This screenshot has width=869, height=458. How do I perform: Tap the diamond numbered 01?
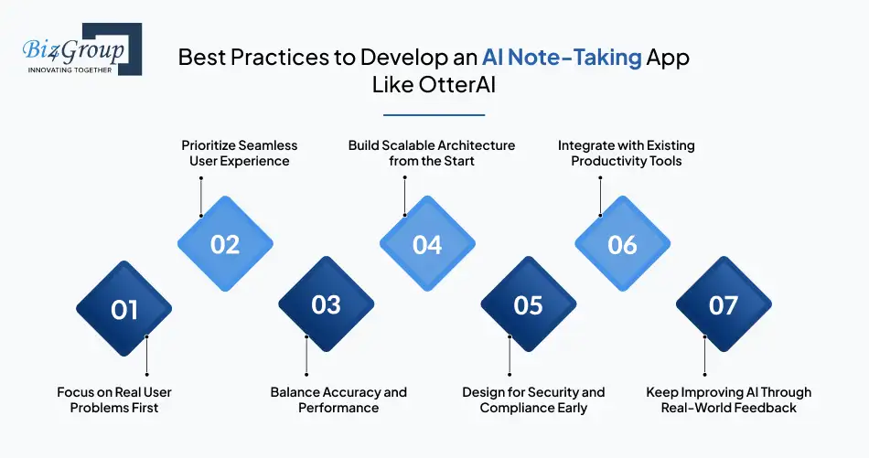124,308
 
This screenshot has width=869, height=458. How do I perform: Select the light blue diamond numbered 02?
225,244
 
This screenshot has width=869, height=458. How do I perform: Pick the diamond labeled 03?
326,304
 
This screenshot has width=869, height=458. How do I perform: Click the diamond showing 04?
427,244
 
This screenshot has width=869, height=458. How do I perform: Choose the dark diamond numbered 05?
528,304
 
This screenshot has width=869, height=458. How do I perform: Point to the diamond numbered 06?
622,244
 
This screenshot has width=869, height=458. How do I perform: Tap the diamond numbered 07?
724,304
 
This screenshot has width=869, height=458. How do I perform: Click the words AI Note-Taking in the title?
562,58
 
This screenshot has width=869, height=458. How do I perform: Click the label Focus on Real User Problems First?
114,399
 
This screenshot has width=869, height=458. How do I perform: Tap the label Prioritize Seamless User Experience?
240,154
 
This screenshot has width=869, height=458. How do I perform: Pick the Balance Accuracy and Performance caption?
338,399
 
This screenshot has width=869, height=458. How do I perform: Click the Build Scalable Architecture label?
432,154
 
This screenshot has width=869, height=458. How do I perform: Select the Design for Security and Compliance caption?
533,399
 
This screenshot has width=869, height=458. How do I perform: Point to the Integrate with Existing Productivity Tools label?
627,154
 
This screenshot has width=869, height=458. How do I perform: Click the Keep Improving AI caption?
729,399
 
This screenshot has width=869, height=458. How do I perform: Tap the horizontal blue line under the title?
434,115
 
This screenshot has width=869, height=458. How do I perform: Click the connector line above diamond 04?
404,196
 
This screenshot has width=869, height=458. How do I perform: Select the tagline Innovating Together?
70,70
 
